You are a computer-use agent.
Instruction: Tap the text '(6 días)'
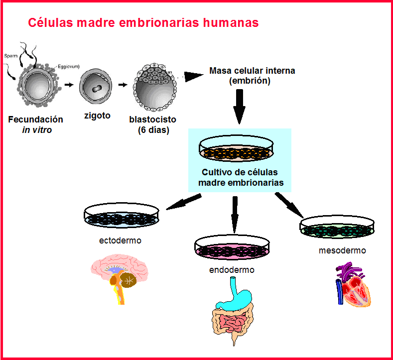[153, 130]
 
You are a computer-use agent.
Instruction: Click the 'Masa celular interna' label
[252, 71]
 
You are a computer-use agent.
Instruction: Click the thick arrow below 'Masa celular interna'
[240, 107]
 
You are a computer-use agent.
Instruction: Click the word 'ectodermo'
[120, 240]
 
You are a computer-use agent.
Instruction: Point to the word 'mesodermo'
[342, 250]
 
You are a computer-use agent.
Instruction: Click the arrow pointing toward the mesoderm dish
[288, 205]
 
